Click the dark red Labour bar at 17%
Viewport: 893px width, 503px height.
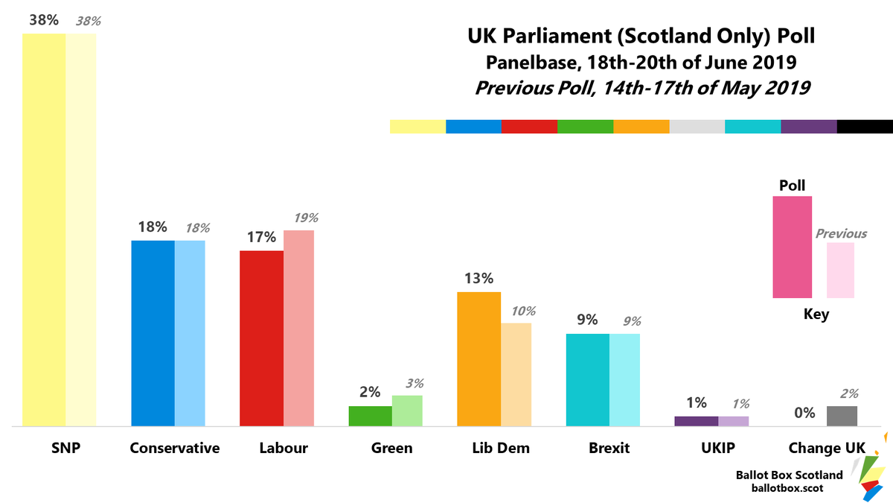coord(261,338)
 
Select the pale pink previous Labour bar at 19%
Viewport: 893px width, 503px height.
coord(298,328)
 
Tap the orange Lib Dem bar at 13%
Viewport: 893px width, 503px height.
coord(478,359)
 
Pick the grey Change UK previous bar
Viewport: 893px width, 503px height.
coord(842,416)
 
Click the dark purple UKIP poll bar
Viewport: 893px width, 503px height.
coord(697,421)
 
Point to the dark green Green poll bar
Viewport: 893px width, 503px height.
coord(371,416)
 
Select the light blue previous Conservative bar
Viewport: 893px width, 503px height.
coord(190,333)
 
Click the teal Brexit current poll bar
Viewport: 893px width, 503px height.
coord(588,380)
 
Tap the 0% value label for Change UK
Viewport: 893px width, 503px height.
coord(804,413)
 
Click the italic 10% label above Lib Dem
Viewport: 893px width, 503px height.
coord(523,311)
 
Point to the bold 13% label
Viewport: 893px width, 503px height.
coord(478,278)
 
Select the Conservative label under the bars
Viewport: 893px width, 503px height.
coord(175,448)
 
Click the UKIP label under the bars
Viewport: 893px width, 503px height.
coord(718,448)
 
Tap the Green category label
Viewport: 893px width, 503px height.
coord(392,448)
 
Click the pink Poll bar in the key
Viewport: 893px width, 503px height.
coord(792,247)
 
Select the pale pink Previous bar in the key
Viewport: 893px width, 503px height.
coord(840,271)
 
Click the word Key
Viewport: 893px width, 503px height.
coord(816,314)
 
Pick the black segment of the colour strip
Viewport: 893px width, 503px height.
coord(865,127)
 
